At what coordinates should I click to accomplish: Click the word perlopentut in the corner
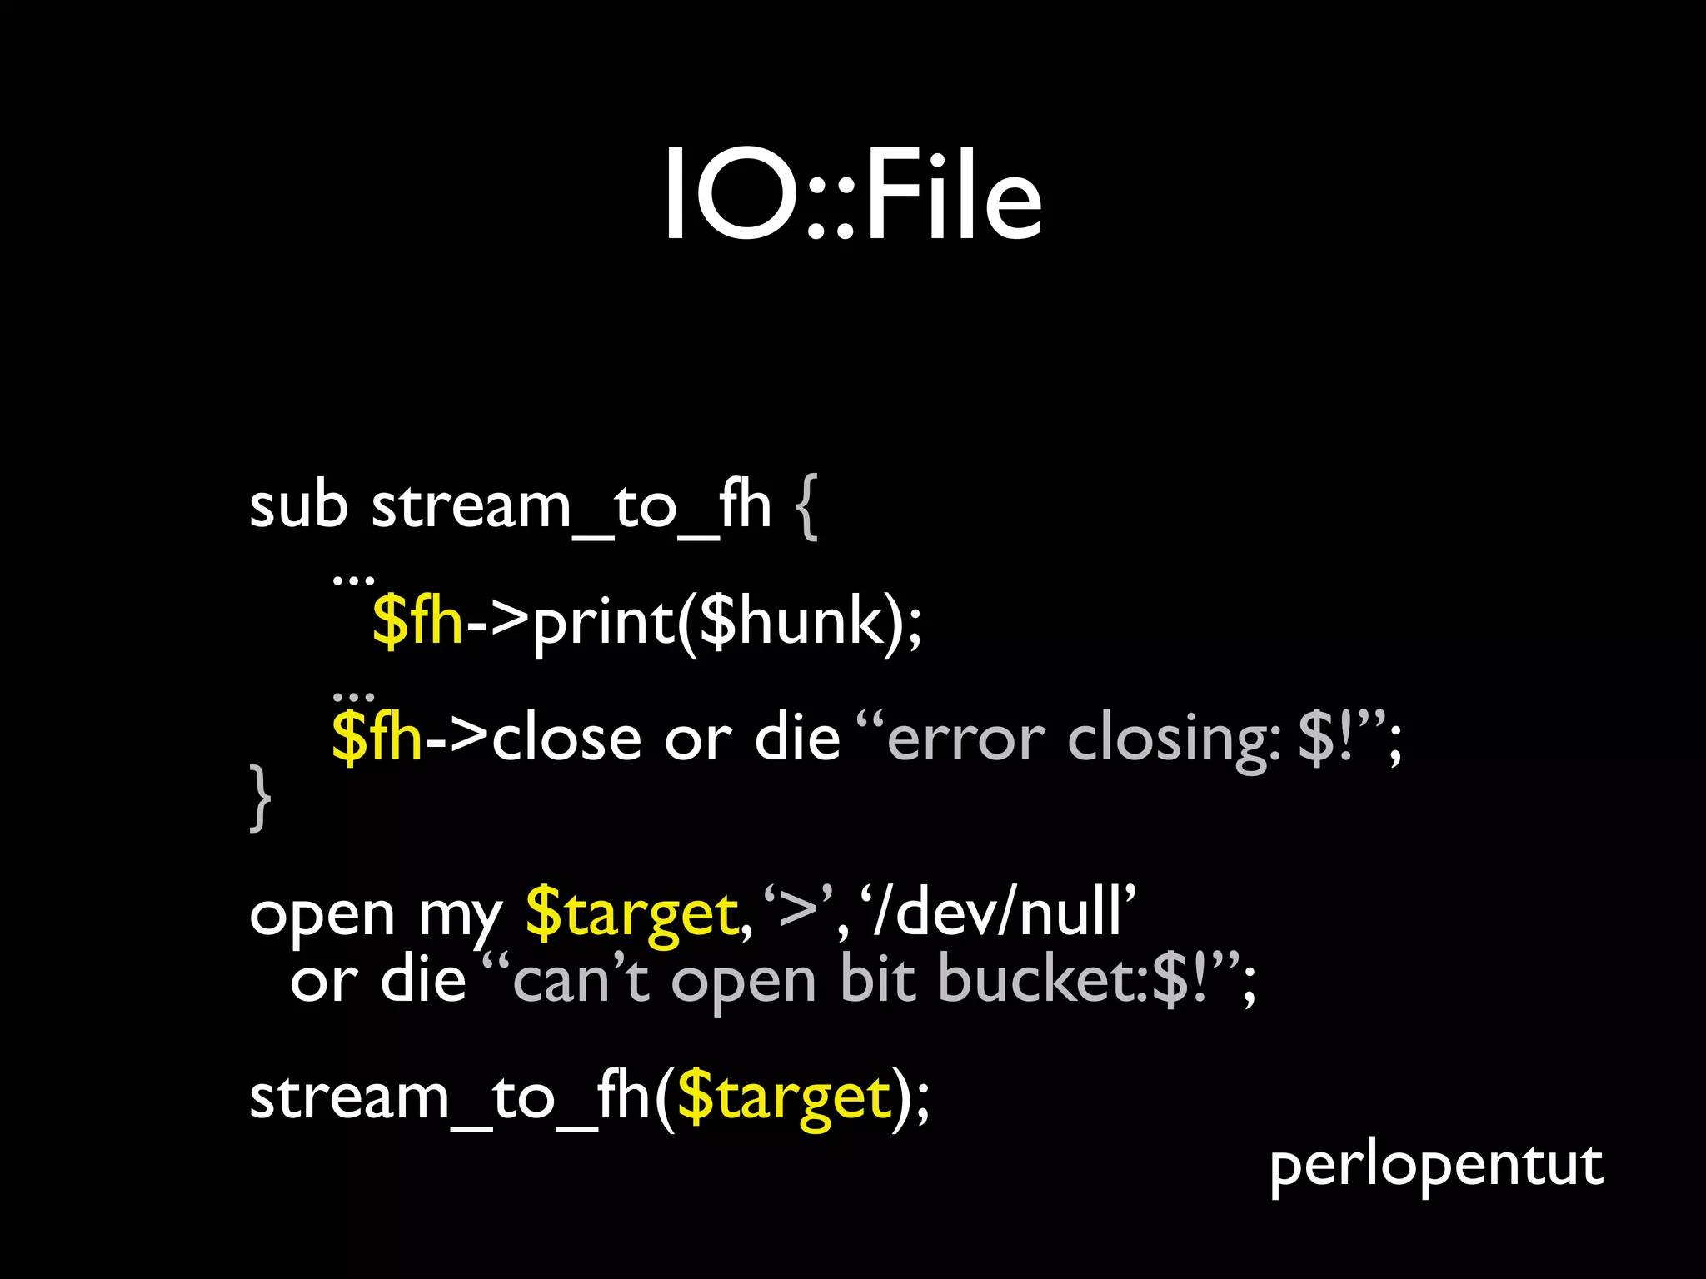1435,1166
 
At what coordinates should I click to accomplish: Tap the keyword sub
298,505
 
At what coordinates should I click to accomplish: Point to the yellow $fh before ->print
417,622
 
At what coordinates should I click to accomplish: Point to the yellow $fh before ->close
377,739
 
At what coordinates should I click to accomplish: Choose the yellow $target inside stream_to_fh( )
784,1098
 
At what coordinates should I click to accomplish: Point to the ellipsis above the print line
353,577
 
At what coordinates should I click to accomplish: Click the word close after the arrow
566,739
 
